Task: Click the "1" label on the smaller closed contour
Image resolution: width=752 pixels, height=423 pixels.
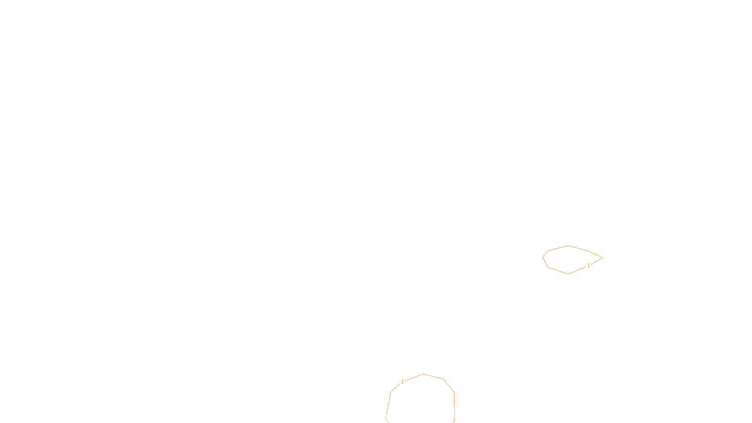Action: tap(588, 266)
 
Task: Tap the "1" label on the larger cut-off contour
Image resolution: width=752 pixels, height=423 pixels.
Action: tap(402, 381)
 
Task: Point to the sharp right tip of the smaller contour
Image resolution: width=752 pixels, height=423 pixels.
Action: tap(603, 258)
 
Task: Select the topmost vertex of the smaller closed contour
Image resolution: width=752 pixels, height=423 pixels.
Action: tap(568, 246)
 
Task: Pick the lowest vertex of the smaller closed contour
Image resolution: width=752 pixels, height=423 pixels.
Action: tap(568, 274)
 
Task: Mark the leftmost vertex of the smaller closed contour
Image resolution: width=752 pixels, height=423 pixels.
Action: tap(543, 257)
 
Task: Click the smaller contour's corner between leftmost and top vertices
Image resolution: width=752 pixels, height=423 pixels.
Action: tap(548, 251)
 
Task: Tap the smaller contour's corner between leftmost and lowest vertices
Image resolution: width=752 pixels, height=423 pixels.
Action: tap(548, 267)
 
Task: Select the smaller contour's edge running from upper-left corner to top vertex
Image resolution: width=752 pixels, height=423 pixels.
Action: tap(558, 248)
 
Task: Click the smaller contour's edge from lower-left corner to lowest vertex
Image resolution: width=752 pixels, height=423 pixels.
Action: tap(558, 271)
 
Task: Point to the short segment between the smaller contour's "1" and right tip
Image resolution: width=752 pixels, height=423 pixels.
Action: tap(596, 261)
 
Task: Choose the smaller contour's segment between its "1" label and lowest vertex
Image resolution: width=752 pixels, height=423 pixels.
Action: tap(577, 270)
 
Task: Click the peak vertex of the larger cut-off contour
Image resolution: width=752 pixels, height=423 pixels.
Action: tap(423, 374)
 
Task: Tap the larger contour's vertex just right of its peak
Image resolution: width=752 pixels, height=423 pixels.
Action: tap(444, 379)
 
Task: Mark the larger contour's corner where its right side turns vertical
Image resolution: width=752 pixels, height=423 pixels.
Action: tap(454, 392)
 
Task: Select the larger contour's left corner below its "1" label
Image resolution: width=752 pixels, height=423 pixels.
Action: tap(391, 392)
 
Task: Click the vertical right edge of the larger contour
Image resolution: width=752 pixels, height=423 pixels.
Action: tap(454, 406)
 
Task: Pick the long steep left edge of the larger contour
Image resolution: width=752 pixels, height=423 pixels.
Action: tap(388, 405)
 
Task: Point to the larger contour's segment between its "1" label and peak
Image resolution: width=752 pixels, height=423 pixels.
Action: tap(414, 377)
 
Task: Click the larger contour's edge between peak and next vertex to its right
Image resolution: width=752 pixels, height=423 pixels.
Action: tap(433, 376)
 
